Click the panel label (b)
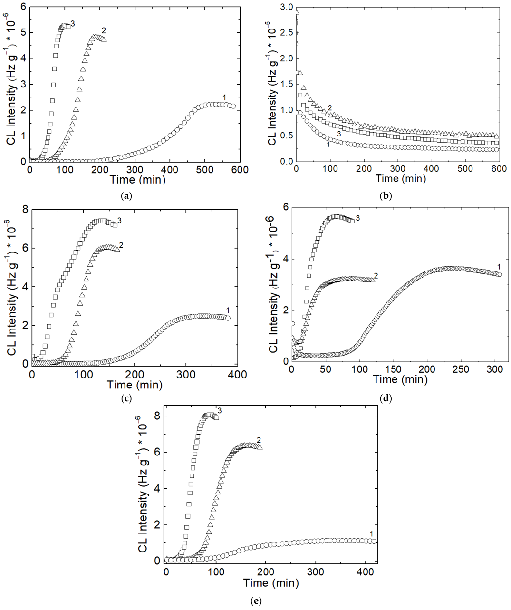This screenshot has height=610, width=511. (386, 195)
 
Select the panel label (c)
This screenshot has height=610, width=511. (126, 398)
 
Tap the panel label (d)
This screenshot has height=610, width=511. (386, 398)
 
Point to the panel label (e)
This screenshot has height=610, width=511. (256, 601)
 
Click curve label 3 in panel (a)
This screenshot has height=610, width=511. (73, 23)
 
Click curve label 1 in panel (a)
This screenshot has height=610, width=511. (224, 97)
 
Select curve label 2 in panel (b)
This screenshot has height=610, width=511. (329, 108)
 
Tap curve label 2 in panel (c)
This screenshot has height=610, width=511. (121, 245)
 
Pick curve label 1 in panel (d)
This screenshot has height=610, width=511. (499, 266)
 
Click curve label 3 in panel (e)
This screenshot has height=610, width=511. (219, 410)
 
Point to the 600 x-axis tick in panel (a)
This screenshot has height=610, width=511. (240, 170)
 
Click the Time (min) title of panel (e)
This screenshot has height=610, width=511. (271, 582)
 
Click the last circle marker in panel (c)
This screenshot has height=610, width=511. (228, 318)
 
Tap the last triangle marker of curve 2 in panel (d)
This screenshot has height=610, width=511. (372, 280)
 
